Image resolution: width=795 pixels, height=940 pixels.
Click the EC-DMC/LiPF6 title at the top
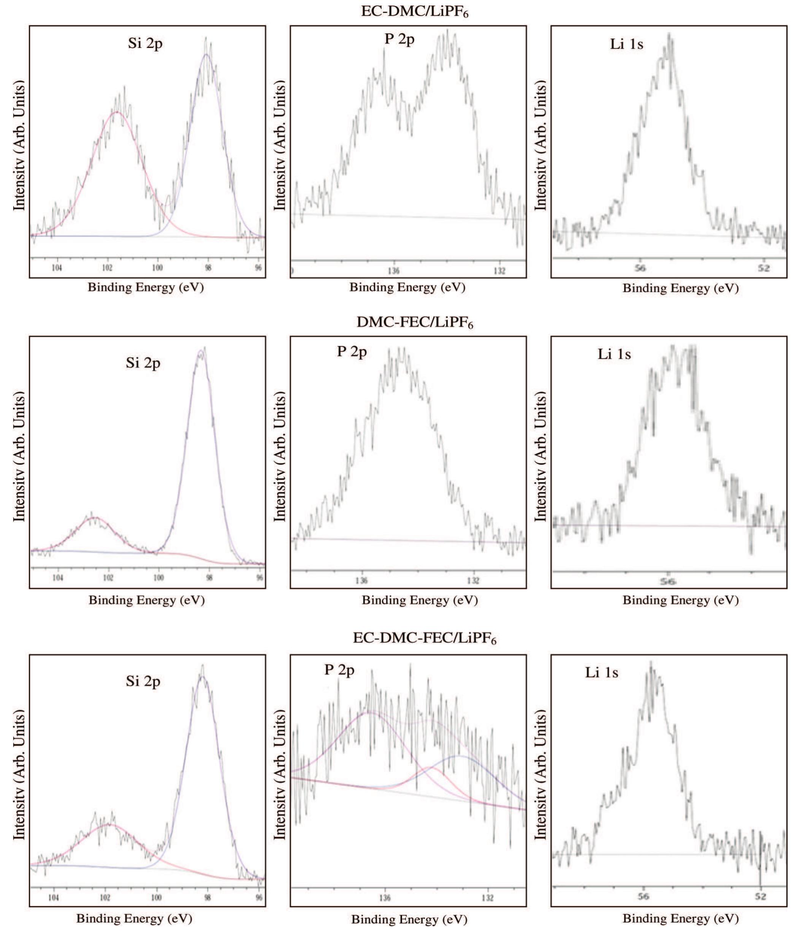click(x=415, y=12)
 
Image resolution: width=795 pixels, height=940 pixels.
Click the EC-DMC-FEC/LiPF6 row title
click(x=424, y=638)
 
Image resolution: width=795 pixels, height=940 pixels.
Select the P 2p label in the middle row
click(x=352, y=351)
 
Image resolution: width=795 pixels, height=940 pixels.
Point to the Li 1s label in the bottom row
click(x=602, y=673)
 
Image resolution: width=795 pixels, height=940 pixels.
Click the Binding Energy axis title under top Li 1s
click(x=681, y=288)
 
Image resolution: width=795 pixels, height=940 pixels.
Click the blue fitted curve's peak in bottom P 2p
click(x=459, y=756)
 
